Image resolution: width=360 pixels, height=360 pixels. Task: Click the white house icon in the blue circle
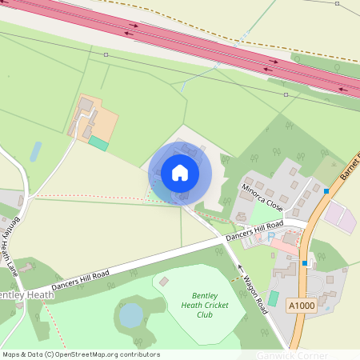[180, 173]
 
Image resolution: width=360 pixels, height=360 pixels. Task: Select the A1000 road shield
[301, 305]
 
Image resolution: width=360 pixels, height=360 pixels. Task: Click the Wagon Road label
[251, 292]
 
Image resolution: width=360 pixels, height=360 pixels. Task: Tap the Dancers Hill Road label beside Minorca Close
[254, 233]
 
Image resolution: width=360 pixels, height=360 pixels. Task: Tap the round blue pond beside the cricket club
[130, 315]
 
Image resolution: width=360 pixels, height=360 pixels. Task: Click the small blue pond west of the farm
[36, 151]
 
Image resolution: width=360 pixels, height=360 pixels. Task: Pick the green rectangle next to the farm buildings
[98, 143]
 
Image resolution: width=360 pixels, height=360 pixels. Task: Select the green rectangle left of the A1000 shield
[274, 298]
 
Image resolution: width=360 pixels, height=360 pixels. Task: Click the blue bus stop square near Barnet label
[326, 190]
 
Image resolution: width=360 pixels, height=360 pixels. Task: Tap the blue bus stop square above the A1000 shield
[306, 263]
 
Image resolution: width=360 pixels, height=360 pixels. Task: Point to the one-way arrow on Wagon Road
[238, 266]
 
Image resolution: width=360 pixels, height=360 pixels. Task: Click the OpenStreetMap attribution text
[80, 354]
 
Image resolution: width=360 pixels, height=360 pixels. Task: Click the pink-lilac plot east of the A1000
[338, 216]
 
